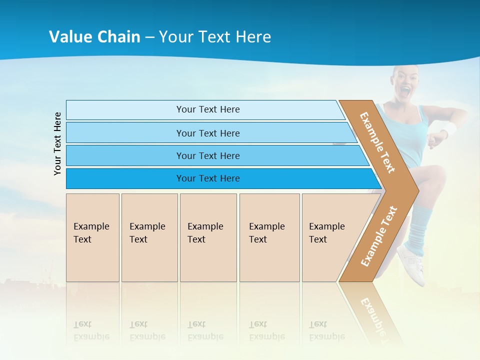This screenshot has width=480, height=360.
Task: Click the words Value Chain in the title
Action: tap(94, 37)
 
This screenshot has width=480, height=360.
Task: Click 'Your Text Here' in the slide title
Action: tap(215, 37)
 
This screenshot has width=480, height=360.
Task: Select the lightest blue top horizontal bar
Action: tap(207, 109)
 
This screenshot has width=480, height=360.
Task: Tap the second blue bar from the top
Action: tap(207, 133)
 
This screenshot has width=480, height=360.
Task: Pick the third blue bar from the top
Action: tap(207, 155)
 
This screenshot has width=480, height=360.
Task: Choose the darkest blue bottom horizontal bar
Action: tap(207, 178)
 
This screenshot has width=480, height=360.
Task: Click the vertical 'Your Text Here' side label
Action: tap(57, 143)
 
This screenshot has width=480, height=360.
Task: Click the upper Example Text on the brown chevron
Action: tap(377, 142)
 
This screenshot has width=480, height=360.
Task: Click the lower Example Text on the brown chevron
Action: tap(379, 236)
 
